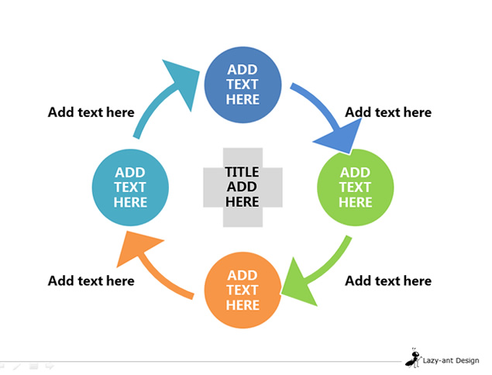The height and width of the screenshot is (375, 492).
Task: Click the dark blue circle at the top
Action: point(243,84)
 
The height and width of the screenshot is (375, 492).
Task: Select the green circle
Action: point(355,187)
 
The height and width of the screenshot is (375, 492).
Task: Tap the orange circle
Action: point(243,291)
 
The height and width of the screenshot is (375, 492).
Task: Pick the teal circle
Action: point(130,187)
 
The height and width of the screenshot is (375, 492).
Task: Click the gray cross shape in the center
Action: point(243,187)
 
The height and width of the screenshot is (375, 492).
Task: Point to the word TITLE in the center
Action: point(242,172)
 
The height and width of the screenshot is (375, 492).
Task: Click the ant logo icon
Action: point(413,358)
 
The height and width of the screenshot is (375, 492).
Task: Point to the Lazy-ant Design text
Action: point(451,360)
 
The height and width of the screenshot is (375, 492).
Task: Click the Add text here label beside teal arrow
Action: point(91,112)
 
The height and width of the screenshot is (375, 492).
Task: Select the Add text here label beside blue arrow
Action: point(388,112)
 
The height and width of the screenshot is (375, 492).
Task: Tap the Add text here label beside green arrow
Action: point(388,280)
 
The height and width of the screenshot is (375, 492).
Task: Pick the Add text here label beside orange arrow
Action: point(91,280)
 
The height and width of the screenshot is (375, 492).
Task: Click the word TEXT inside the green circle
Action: point(355,187)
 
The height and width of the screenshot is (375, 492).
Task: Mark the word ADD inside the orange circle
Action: point(243,275)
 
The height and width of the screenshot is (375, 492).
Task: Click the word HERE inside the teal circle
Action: point(130,202)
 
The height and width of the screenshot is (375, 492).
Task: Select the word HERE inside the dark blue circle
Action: point(243,99)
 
